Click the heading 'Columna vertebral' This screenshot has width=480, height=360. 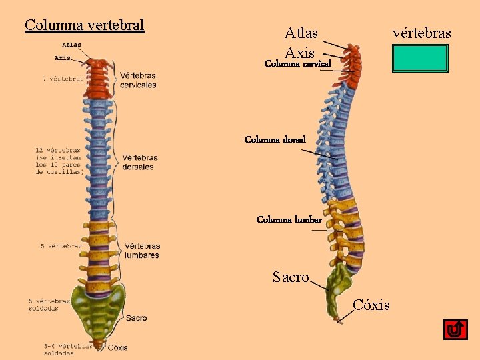[84, 25]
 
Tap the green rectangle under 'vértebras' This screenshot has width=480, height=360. [420, 58]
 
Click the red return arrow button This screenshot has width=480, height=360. [455, 329]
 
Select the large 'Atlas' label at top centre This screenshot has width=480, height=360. [301, 33]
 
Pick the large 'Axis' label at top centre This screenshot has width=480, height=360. [299, 52]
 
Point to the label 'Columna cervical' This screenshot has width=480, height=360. [298, 65]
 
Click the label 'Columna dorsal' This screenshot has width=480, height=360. [275, 140]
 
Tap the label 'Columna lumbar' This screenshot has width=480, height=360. [289, 220]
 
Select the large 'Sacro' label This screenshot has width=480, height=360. [291, 277]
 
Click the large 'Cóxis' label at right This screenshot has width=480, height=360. [371, 305]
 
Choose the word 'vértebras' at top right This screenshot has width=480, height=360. [422, 33]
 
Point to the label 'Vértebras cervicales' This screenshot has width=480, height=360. [138, 80]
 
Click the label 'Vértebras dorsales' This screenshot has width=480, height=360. [140, 162]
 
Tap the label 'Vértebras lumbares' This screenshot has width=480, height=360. [141, 251]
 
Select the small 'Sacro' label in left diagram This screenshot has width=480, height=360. [136, 319]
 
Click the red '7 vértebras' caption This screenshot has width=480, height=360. [63, 79]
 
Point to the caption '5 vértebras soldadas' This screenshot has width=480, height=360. [49, 304]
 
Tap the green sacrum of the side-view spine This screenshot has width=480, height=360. [342, 280]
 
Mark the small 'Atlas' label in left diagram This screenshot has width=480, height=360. [71, 45]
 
